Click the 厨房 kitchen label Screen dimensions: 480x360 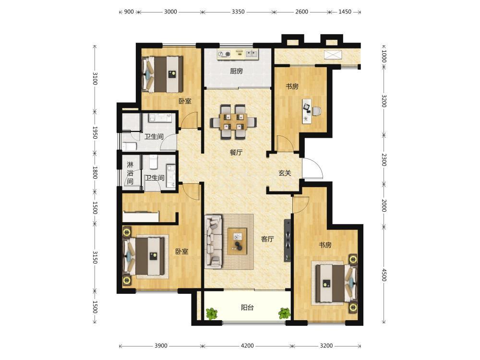point(236,71)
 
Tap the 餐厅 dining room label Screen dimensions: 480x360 point(236,152)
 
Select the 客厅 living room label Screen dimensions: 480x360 point(267,239)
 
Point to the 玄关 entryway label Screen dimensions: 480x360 point(285,173)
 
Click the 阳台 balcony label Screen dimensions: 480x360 point(247,307)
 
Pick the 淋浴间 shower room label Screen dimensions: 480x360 point(130,173)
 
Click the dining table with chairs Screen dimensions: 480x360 point(233,121)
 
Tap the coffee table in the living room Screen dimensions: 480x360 point(237,241)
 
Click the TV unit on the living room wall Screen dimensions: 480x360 point(288,240)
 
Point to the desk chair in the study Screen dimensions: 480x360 point(317,111)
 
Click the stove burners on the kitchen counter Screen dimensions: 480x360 point(224,55)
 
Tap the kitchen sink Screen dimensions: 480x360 point(252,54)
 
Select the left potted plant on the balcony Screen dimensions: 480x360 point(212,314)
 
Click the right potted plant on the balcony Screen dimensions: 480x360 point(284,313)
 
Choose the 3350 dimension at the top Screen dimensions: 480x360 point(238,12)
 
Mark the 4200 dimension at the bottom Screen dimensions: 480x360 point(247,346)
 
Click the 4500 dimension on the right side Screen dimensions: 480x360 point(384,275)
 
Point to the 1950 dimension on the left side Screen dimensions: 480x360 point(95,132)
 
